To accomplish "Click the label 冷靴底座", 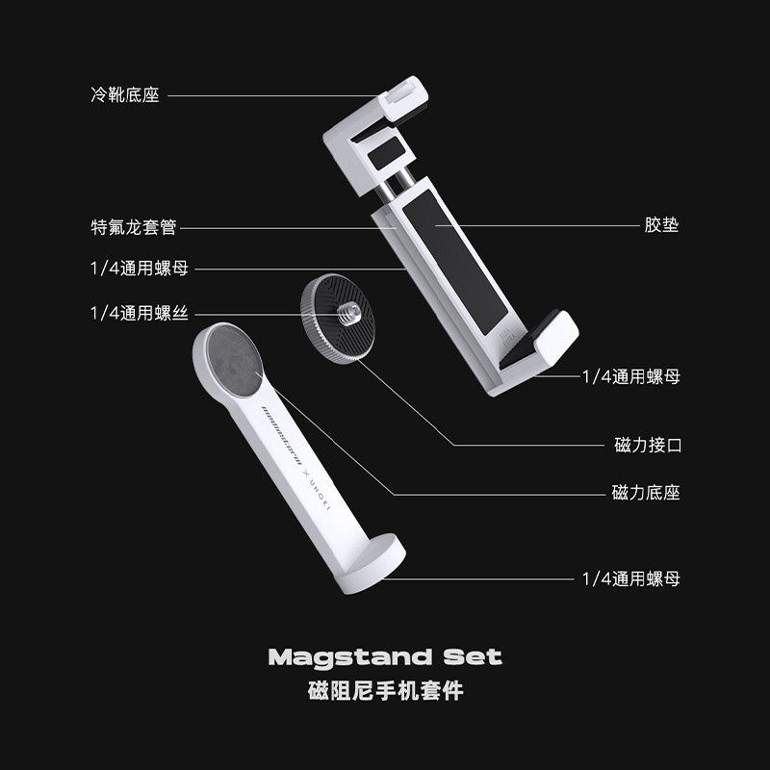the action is [x=124, y=95].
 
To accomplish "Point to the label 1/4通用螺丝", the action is [x=139, y=313].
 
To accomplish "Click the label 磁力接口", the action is [x=647, y=445].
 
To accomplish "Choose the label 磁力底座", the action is [x=646, y=493].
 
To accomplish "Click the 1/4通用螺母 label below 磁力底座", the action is [x=631, y=578].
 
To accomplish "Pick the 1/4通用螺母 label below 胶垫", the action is [x=631, y=376].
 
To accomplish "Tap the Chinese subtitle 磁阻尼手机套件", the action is [x=385, y=691].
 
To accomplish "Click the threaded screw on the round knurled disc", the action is [x=346, y=312].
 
